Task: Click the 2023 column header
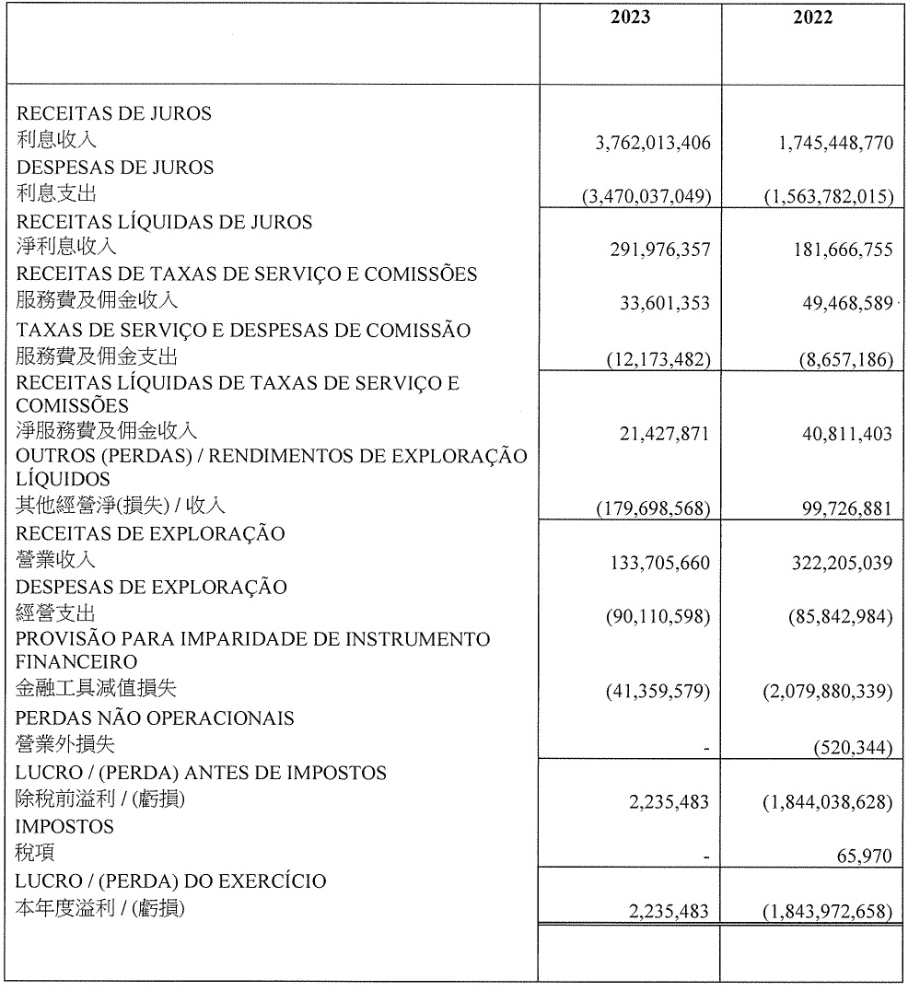click(630, 18)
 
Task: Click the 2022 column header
click(812, 18)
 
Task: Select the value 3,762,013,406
click(654, 144)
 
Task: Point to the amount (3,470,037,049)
click(646, 196)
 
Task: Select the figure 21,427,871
click(664, 434)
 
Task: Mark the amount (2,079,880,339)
click(828, 691)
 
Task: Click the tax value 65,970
click(864, 857)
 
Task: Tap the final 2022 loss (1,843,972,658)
click(828, 911)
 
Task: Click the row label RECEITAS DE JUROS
click(115, 114)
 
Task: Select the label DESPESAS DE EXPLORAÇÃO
click(152, 588)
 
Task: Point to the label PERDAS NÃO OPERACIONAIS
click(156, 717)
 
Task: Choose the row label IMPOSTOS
click(65, 827)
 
